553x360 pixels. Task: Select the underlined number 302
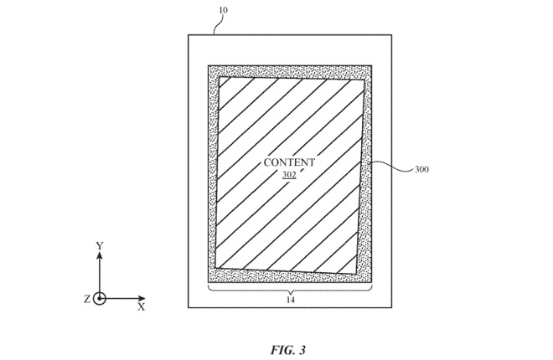tap(289, 175)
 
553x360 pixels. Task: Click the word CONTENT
tap(289, 162)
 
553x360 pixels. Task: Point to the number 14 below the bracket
tap(289, 298)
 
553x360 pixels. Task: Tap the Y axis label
tap(100, 245)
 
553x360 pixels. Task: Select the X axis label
tap(142, 307)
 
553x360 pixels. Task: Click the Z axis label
tap(86, 299)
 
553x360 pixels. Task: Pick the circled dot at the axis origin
tap(100, 299)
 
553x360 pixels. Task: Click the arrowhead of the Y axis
tap(100, 255)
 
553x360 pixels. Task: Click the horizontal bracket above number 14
tap(289, 289)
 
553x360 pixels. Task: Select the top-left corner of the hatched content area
tap(219, 77)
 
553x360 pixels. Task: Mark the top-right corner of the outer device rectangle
tap(391, 34)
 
